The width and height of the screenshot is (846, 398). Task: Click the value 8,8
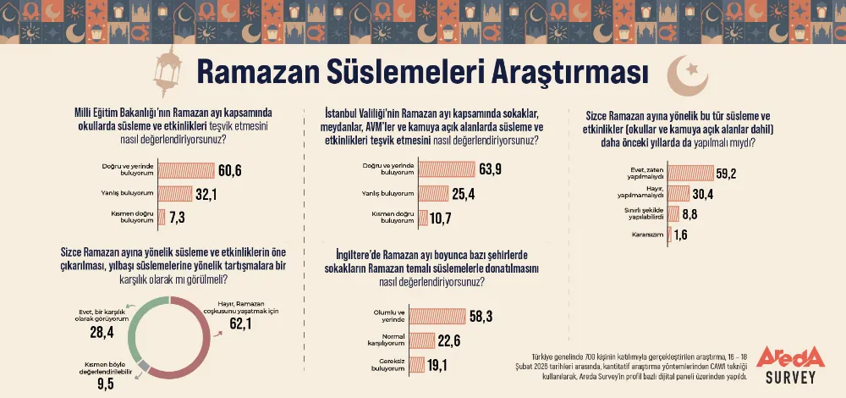pyautogui.click(x=691, y=213)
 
